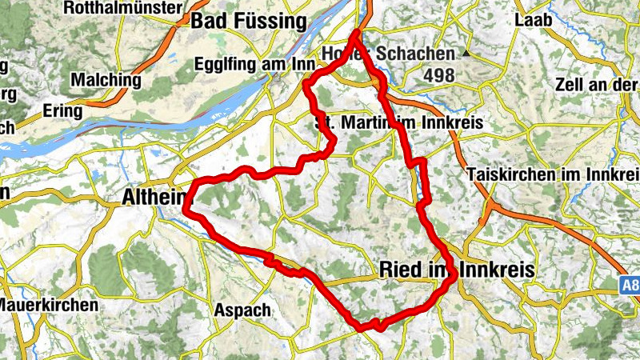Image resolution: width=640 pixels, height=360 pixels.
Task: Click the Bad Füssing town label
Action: (x=248, y=22)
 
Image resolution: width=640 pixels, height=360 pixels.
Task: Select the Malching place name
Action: (x=106, y=80)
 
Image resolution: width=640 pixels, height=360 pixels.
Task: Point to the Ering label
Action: (x=62, y=111)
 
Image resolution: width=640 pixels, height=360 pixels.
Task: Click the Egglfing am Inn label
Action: (x=251, y=64)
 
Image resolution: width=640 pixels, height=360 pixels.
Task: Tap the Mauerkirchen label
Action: (x=49, y=305)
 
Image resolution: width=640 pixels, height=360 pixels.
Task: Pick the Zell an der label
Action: (x=596, y=85)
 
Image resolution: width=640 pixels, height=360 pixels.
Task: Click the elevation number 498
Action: (x=439, y=75)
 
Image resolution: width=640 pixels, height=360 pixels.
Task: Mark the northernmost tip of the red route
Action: (x=357, y=32)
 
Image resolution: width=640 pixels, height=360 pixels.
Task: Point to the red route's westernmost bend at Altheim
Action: (x=186, y=208)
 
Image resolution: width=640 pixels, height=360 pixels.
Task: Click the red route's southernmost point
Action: (x=362, y=326)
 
